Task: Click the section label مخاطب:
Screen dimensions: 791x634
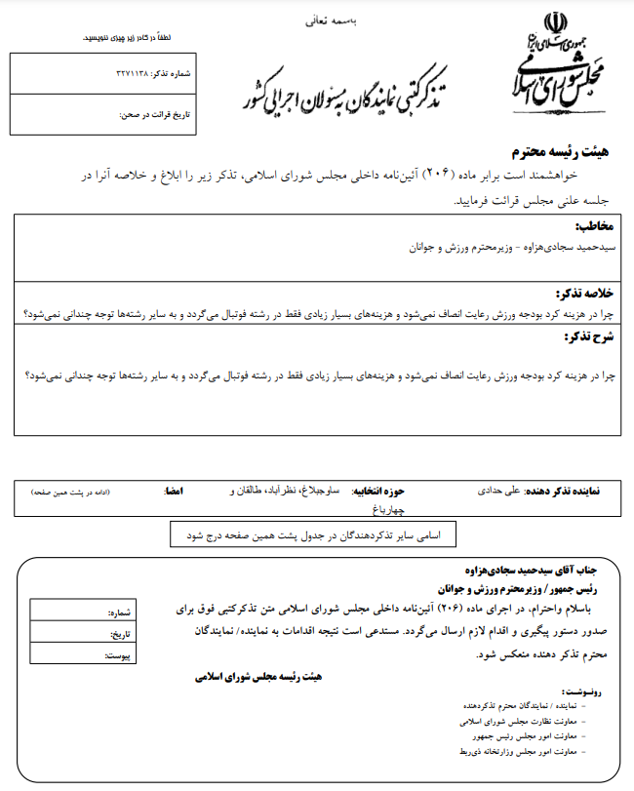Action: [597, 227]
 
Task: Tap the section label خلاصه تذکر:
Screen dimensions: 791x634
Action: [585, 294]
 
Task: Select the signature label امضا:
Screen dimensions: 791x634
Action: [175, 491]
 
